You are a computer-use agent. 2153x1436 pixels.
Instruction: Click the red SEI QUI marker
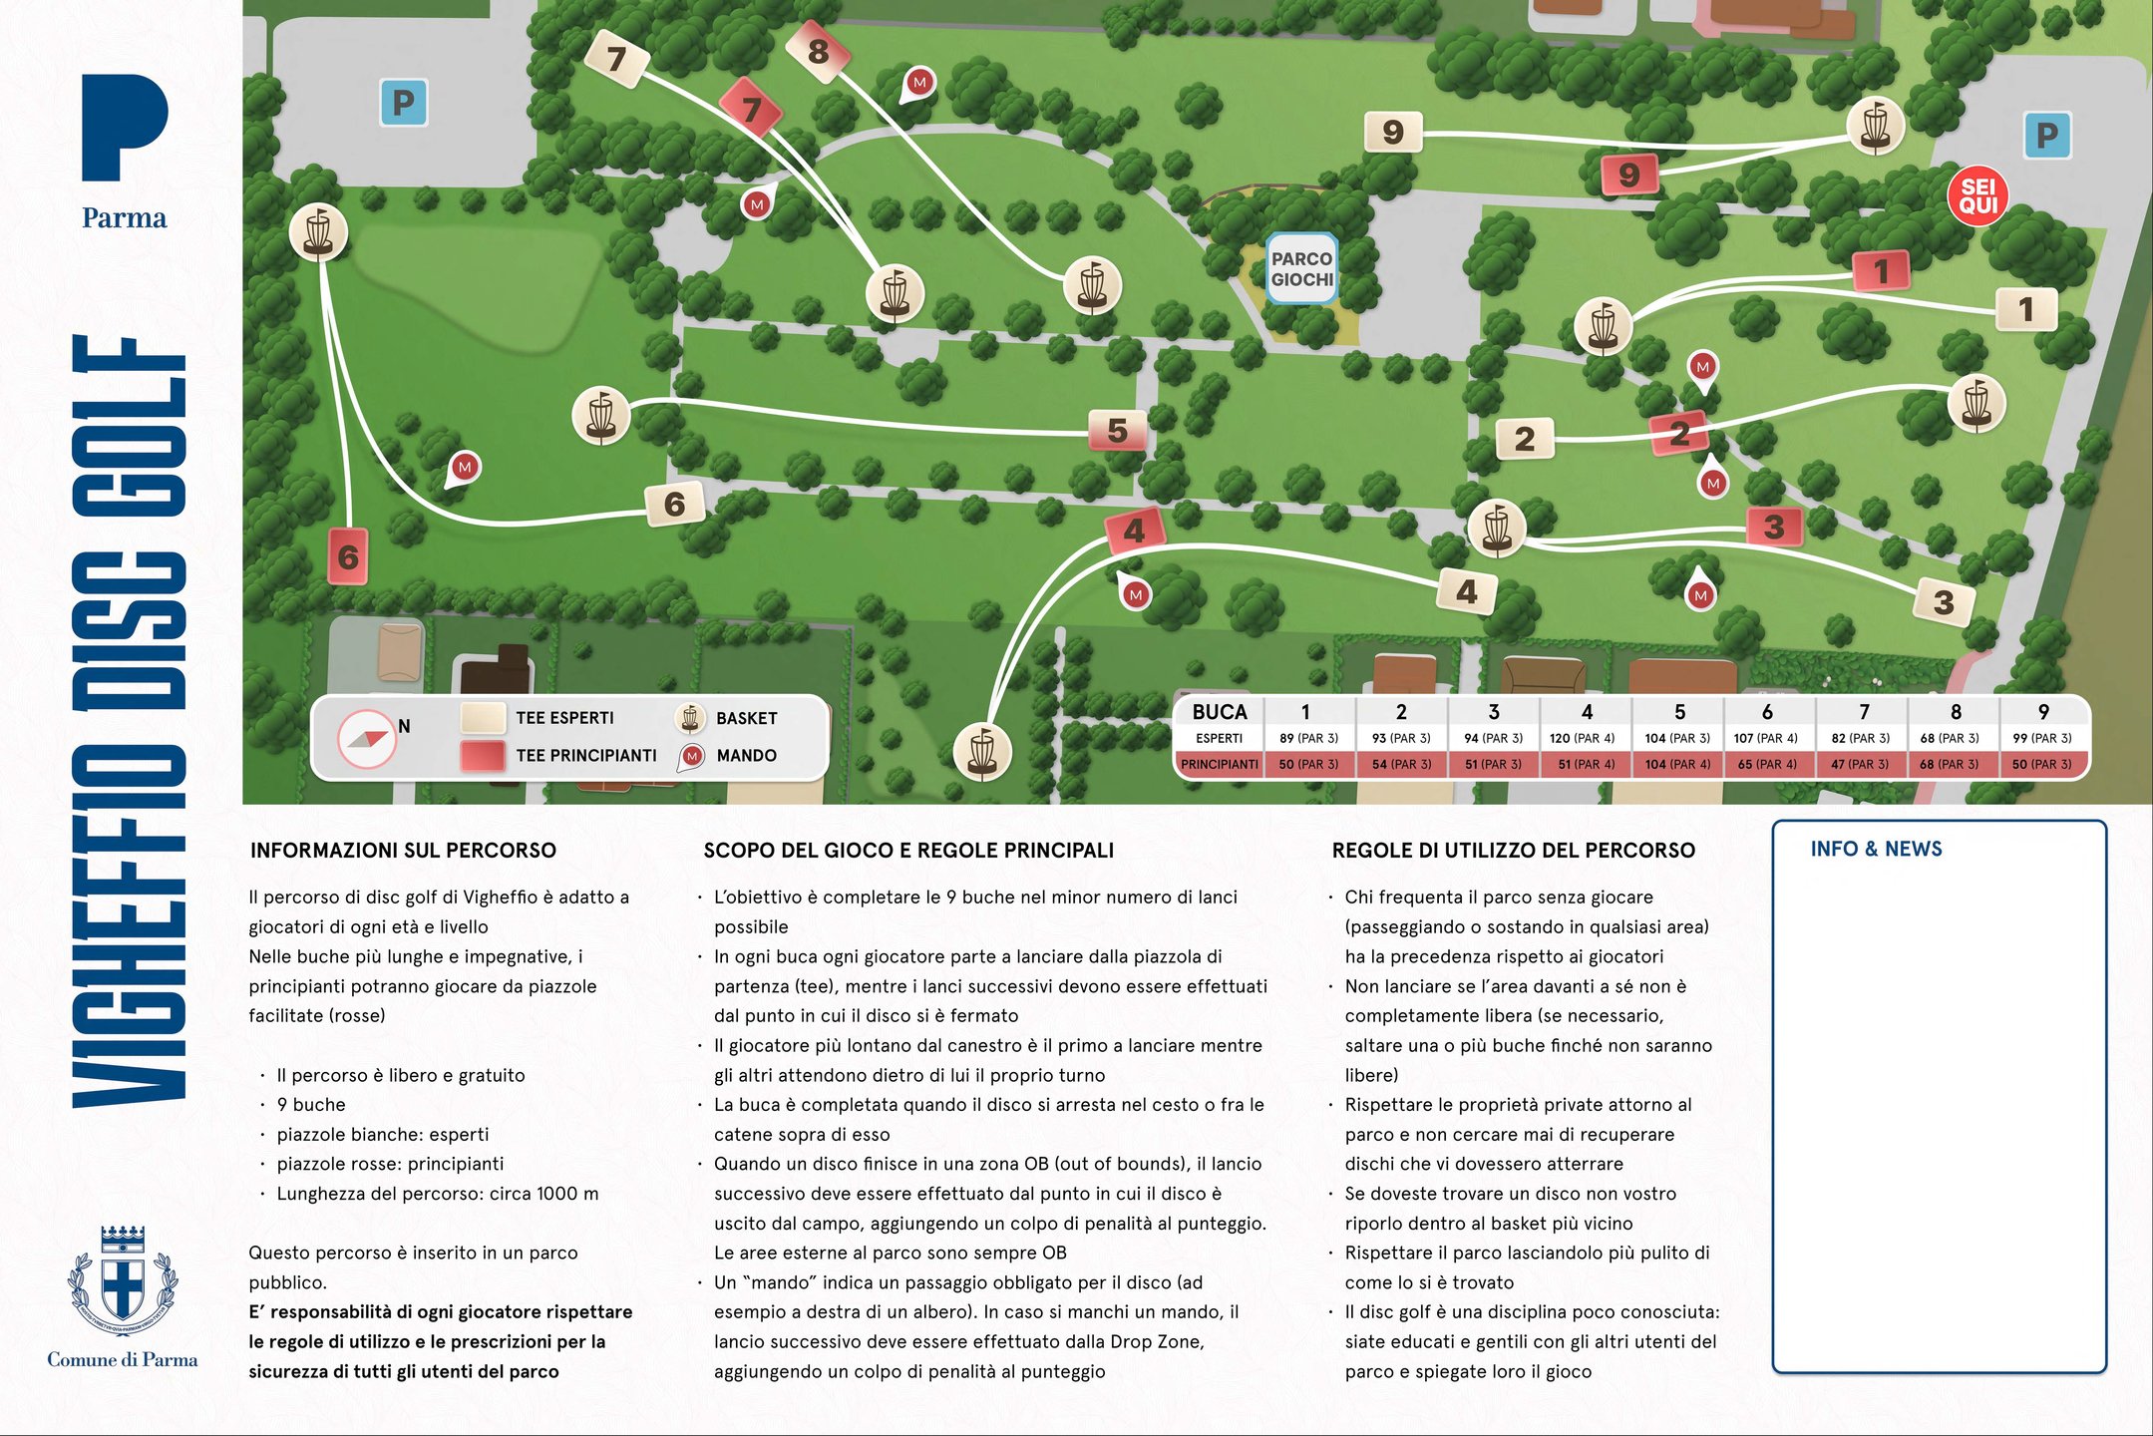(1977, 196)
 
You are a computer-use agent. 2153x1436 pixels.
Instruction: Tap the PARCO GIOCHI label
(1301, 269)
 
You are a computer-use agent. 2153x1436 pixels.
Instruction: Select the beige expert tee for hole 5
(1117, 431)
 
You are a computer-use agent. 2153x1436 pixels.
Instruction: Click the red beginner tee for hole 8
(818, 51)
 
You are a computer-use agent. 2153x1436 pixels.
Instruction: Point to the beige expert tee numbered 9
(1392, 132)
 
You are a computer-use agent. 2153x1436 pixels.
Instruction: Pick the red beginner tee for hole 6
(348, 556)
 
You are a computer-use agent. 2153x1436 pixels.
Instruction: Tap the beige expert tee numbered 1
(2025, 309)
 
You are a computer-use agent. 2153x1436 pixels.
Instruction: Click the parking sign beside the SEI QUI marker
(2046, 136)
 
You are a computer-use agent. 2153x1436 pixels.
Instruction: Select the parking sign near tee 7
(404, 103)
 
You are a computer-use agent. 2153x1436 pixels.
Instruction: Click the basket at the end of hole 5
(601, 416)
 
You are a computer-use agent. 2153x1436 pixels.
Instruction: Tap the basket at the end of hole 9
(1875, 127)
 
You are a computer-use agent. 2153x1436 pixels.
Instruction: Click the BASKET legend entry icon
(690, 718)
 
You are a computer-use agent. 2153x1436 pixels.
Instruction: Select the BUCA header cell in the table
(1219, 712)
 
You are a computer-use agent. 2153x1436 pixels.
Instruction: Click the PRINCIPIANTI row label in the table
(1219, 765)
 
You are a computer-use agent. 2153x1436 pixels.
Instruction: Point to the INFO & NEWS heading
(1876, 849)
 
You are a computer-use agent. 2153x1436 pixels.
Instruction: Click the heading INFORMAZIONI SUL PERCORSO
(403, 851)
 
